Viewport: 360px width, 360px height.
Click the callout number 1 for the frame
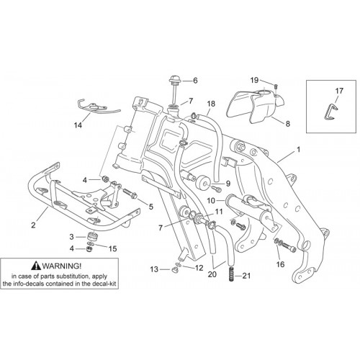(x=299, y=150)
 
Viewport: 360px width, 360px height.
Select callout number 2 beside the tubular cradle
(x=33, y=225)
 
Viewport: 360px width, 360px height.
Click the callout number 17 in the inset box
(x=339, y=91)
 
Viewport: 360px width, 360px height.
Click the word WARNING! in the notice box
(x=62, y=266)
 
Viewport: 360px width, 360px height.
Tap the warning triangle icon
(x=36, y=265)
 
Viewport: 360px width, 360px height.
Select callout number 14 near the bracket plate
(x=78, y=125)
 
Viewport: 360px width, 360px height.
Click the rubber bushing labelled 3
(x=91, y=236)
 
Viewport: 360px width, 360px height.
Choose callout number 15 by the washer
(x=112, y=248)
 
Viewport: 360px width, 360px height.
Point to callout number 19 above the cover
(x=254, y=80)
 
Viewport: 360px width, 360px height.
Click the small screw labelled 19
(x=276, y=86)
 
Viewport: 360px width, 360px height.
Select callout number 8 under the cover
(x=287, y=124)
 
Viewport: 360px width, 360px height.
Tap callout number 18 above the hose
(x=211, y=104)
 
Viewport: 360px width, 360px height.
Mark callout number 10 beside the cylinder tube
(x=211, y=200)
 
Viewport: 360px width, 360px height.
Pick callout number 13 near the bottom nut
(x=154, y=269)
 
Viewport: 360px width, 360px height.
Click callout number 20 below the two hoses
(x=212, y=274)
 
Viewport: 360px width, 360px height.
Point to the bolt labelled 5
(x=130, y=194)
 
